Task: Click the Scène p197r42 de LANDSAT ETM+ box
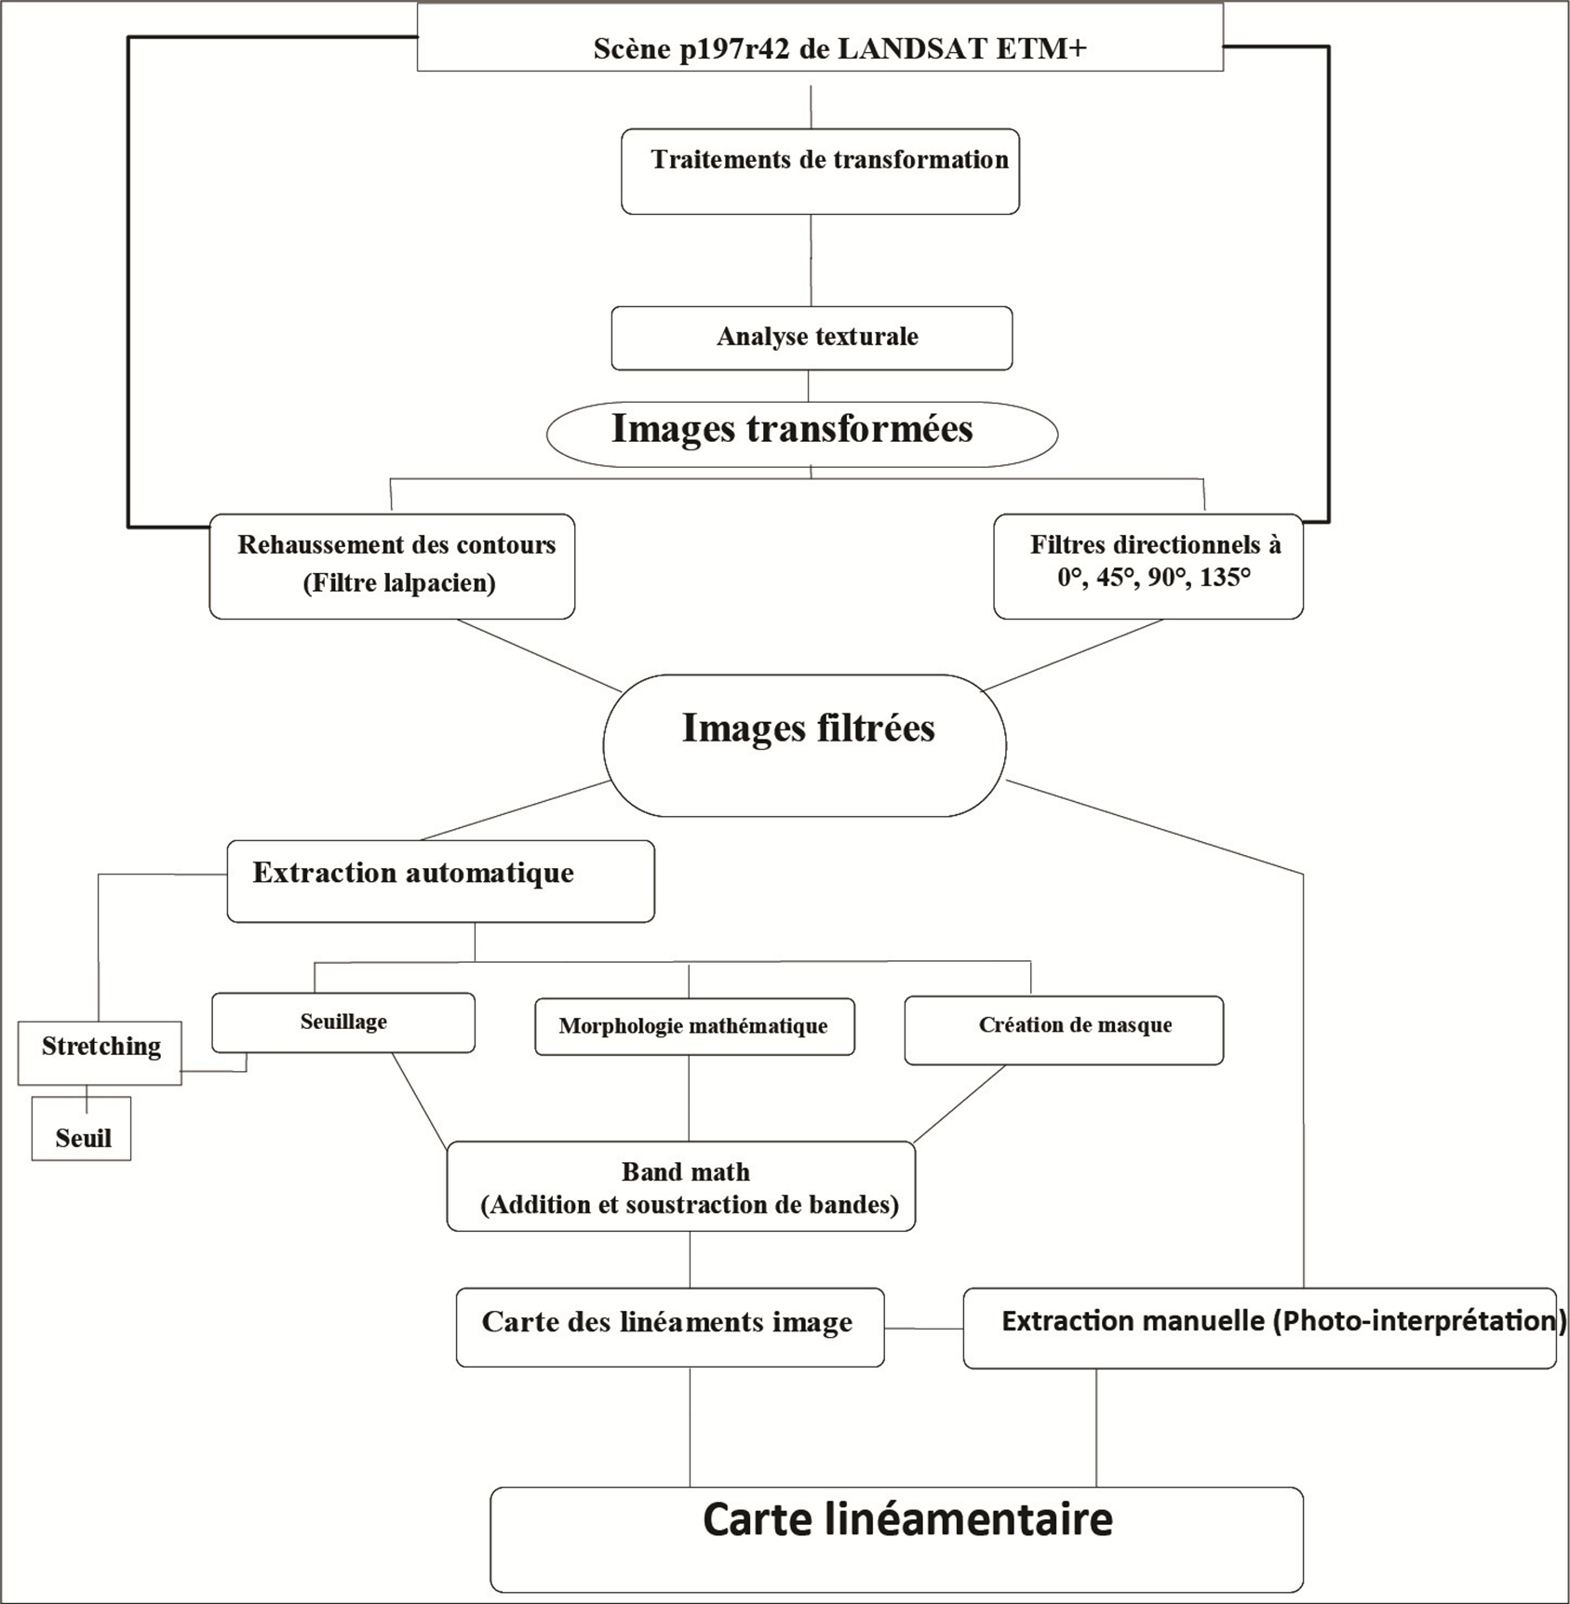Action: tap(820, 37)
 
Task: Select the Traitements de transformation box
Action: tap(820, 171)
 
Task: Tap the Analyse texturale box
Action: tap(812, 338)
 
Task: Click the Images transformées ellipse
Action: tap(802, 434)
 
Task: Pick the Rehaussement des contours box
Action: tap(392, 567)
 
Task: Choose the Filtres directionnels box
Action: tap(1148, 567)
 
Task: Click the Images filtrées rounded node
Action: tap(805, 745)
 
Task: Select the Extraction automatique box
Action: tap(440, 881)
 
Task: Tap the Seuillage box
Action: tap(343, 1023)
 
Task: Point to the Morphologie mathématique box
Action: tap(694, 1026)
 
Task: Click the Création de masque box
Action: tap(1064, 1030)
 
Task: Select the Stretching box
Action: tap(100, 1052)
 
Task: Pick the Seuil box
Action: tap(81, 1129)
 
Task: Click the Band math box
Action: tap(681, 1186)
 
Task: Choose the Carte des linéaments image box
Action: tap(670, 1327)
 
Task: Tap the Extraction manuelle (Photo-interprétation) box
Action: tap(1260, 1328)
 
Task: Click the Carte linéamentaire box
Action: tap(896, 1540)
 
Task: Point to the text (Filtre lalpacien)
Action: tap(399, 583)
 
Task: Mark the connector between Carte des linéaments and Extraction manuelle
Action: tap(924, 1329)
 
